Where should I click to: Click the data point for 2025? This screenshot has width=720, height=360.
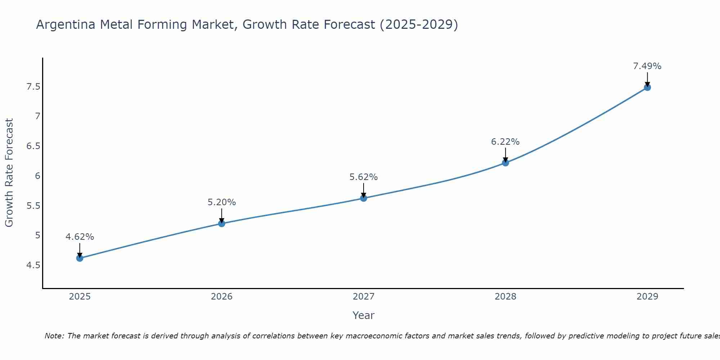click(80, 258)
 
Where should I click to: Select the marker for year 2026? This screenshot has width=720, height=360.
click(222, 224)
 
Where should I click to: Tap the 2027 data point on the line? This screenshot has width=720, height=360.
click(364, 198)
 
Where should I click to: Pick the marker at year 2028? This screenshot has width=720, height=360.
click(505, 163)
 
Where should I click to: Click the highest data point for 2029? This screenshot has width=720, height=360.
click(647, 87)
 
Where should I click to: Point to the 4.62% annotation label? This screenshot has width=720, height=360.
click(80, 237)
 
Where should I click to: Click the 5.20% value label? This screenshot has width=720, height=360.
click(222, 202)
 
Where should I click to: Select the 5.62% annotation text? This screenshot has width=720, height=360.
click(364, 177)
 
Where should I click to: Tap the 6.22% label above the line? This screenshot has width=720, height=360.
click(505, 142)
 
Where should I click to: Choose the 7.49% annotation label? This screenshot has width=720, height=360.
click(647, 66)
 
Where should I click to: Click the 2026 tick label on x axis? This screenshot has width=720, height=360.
click(222, 297)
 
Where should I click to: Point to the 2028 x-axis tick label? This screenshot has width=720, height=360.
click(505, 297)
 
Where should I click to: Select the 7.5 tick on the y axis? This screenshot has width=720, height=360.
click(33, 87)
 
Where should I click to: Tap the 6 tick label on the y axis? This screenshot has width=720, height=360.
click(37, 176)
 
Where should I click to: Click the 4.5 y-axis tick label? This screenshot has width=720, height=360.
click(33, 265)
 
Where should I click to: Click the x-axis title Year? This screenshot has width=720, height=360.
click(364, 315)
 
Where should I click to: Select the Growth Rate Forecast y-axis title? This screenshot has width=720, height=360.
click(9, 173)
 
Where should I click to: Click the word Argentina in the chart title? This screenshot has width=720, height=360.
click(66, 25)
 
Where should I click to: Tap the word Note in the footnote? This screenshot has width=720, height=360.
click(54, 336)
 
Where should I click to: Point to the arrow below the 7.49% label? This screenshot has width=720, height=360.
click(647, 79)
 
